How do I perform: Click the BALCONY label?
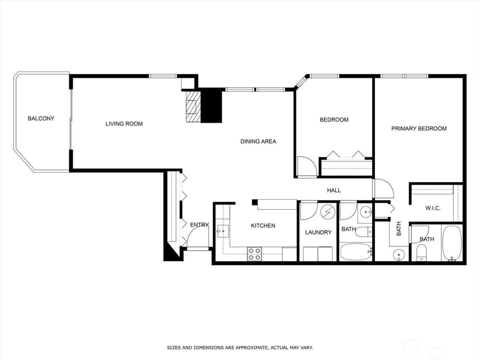(41, 119)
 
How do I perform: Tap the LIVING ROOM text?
(124, 124)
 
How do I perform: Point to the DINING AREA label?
(258, 141)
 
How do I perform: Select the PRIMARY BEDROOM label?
(419, 129)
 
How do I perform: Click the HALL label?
(334, 190)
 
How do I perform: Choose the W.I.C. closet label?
(433, 208)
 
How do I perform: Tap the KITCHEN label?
(263, 226)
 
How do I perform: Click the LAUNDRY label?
(318, 232)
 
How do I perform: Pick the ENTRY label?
(199, 225)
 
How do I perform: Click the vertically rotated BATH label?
(399, 229)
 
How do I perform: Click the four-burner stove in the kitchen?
(254, 254)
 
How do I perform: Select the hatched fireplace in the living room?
(192, 106)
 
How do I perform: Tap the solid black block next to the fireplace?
(211, 106)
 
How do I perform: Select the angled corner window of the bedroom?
(301, 82)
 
